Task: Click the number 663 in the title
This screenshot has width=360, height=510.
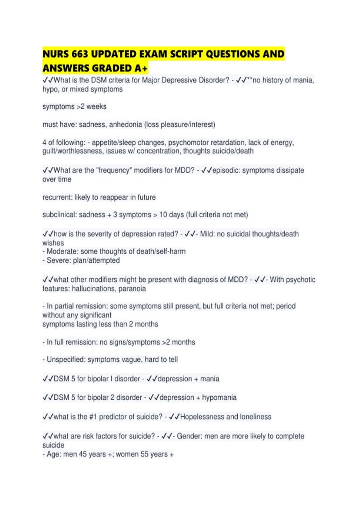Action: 80,54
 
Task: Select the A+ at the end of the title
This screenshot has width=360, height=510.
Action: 141,68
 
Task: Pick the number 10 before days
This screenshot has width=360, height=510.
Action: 163,215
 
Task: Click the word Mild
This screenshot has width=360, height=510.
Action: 207,234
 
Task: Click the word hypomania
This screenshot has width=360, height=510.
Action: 219,397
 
